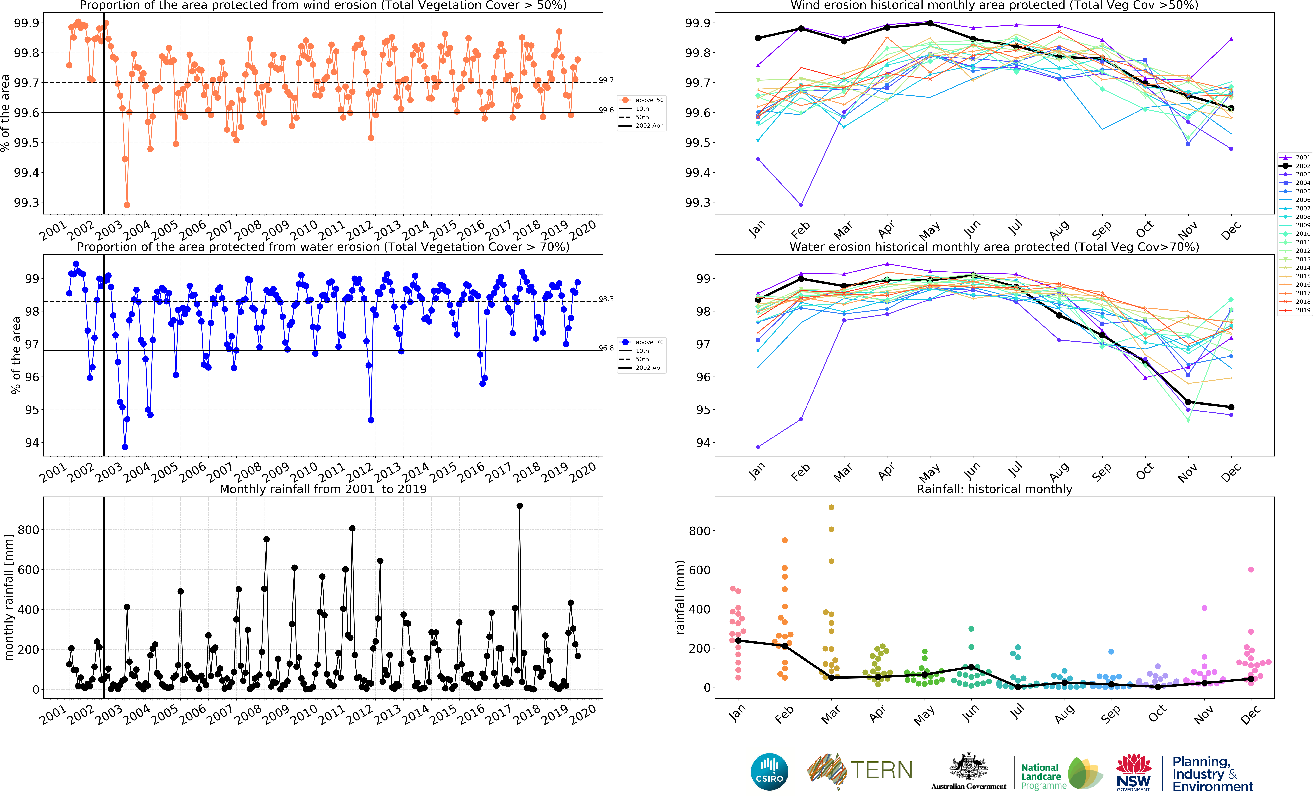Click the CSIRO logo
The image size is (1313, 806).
[769, 772]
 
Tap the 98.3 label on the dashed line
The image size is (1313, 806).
[606, 299]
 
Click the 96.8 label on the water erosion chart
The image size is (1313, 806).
[606, 348]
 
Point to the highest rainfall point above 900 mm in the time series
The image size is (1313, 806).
[519, 506]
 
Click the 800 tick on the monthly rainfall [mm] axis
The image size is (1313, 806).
[28, 530]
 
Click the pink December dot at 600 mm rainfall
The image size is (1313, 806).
[1251, 570]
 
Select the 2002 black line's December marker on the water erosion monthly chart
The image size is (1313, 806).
[1231, 407]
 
